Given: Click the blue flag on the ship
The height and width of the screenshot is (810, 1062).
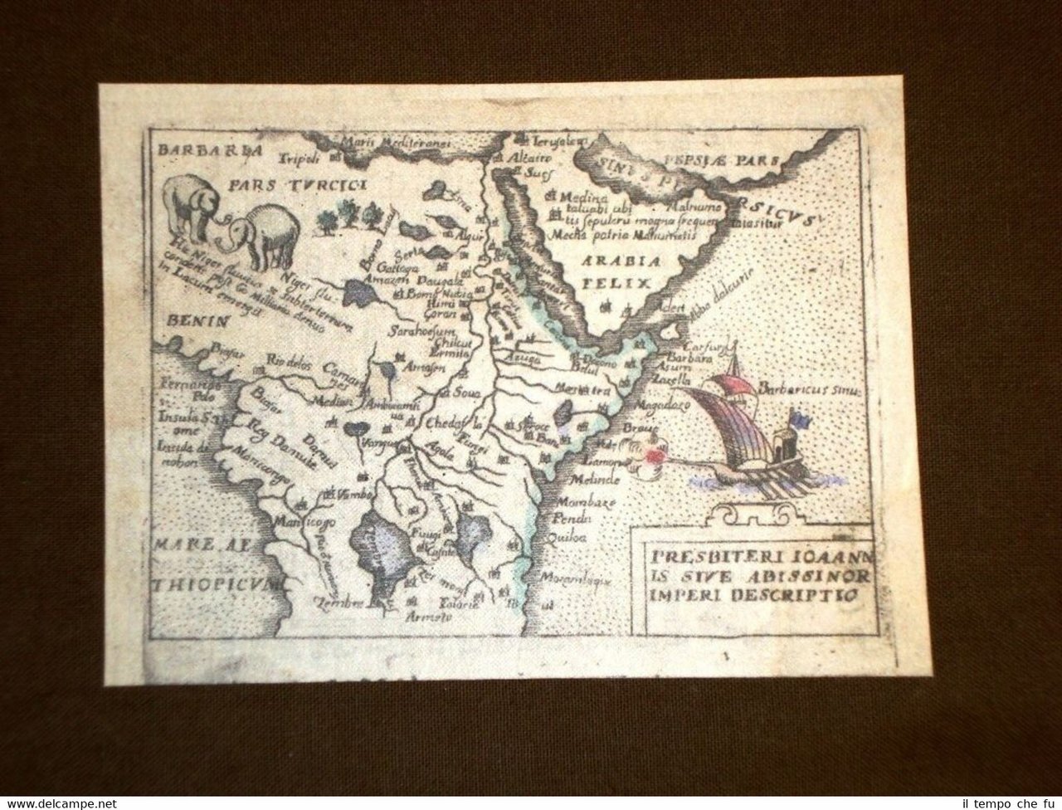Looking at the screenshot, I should pyautogui.click(x=796, y=417).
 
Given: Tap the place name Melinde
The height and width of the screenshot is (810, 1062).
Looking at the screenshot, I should pyautogui.click(x=590, y=481).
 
